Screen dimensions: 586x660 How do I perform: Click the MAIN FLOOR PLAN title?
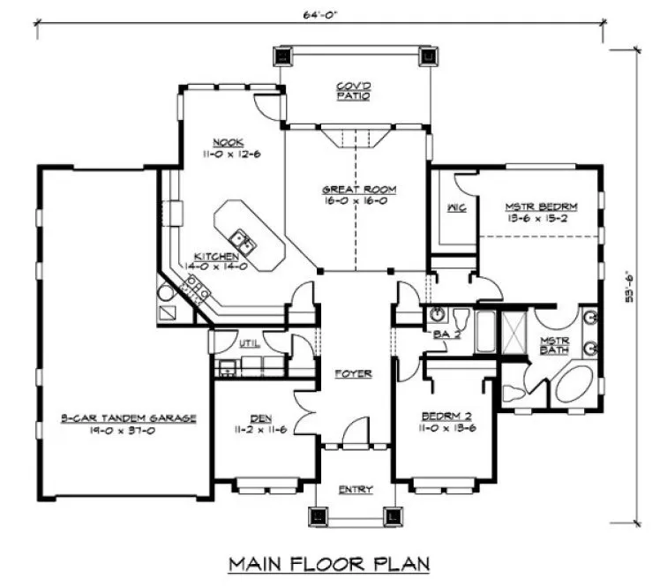click(329, 562)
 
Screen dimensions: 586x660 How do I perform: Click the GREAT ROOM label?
click(358, 189)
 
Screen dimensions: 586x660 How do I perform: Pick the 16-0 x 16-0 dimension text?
click(358, 200)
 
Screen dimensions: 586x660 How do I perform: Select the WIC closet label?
click(456, 208)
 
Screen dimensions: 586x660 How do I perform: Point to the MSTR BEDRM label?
click(541, 207)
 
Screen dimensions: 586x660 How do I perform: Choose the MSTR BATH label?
click(555, 344)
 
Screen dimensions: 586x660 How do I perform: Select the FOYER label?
click(353, 373)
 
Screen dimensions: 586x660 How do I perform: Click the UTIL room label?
click(249, 342)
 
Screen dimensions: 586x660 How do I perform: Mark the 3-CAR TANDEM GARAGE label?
click(128, 417)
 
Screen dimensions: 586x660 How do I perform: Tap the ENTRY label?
click(355, 489)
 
